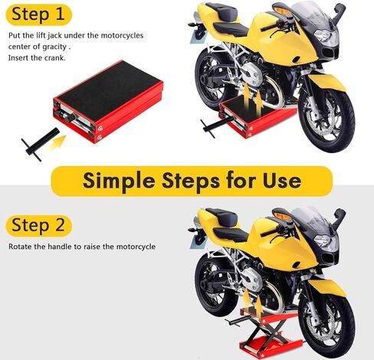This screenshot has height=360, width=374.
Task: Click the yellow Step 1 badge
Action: coord(38,14)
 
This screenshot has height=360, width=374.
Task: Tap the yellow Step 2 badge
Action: coord(38,226)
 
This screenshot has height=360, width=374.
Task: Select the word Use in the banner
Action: coord(278,181)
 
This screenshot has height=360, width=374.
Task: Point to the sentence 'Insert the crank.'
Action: coord(37,57)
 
